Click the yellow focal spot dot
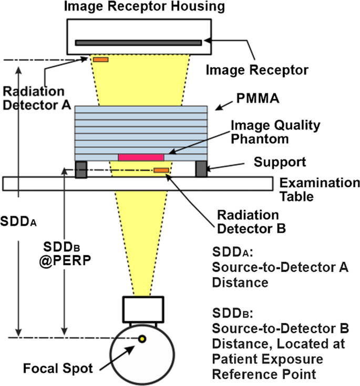coord(141,339)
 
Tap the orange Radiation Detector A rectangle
coord(100,59)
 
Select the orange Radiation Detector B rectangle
coord(161,170)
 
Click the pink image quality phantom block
coord(141,157)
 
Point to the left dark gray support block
coord(81,169)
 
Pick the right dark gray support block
coord(202,169)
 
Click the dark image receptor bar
coord(138,42)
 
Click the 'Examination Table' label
coord(320,190)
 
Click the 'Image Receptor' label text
coord(256,69)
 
